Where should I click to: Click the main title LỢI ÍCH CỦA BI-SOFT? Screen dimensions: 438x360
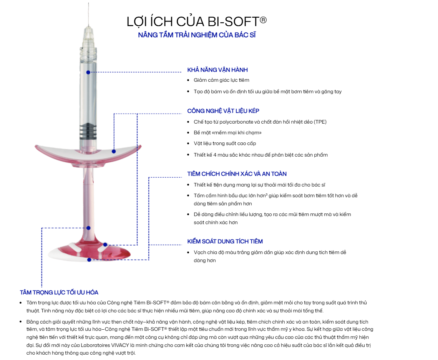coord(197,22)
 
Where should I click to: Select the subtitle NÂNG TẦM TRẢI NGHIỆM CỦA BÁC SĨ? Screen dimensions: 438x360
coord(197,35)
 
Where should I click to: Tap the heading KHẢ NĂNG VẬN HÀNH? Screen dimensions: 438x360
coord(217,70)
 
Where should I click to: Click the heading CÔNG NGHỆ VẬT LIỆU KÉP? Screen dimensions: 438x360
coord(223,111)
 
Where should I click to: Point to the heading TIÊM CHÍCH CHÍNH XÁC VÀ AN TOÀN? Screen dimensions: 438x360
coord(237,174)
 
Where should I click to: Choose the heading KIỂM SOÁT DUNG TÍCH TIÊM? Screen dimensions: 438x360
coord(225,241)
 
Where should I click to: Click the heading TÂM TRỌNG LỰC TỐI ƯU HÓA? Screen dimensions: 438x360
coord(59,292)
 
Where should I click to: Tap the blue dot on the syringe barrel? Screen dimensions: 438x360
coord(88,72)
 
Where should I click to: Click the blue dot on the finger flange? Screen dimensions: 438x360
coord(114,151)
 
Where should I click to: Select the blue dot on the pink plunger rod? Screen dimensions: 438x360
coord(88,228)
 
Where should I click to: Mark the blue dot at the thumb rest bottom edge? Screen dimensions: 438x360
coord(89,260)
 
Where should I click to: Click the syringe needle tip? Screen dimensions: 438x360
coord(88,3)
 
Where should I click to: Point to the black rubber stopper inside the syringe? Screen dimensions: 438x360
coord(88,131)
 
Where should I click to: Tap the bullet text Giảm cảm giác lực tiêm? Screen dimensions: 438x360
coord(222,80)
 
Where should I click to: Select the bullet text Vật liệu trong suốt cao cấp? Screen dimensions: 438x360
coord(225,144)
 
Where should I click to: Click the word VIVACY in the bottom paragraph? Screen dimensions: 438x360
coord(120,345)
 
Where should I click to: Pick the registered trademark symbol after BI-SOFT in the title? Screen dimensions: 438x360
coord(264,20)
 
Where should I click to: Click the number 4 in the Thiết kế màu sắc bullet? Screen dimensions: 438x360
coord(215,155)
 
